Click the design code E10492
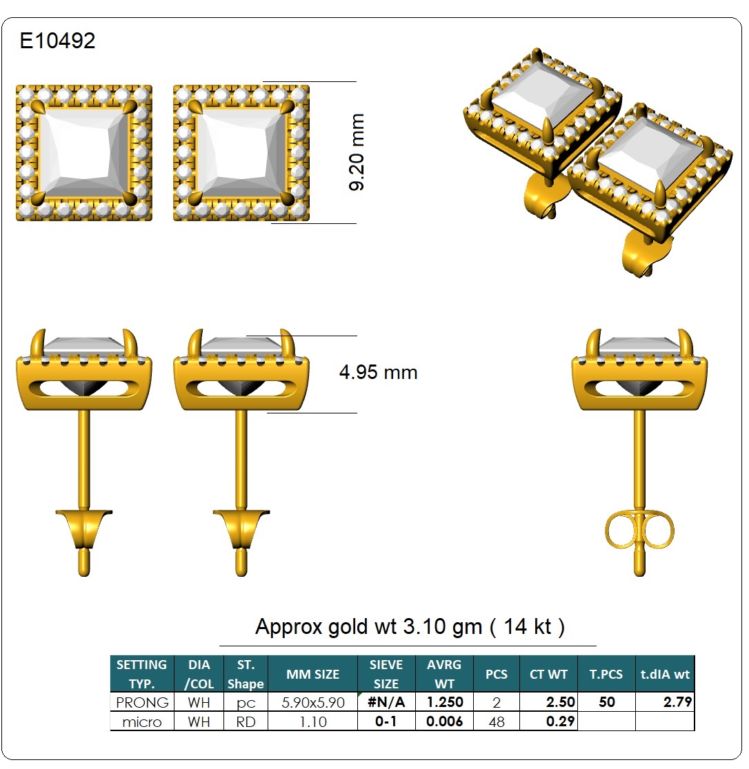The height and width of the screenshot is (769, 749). pos(57,41)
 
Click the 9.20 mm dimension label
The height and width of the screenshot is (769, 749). pos(357,152)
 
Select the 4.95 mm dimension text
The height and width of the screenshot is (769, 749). pos(378,372)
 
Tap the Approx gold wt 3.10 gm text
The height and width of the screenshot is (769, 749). pos(368,627)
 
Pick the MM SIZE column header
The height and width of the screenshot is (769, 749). pos(312,675)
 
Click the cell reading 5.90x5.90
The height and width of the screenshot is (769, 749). pos(312,702)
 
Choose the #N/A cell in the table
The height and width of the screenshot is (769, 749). pos(386,702)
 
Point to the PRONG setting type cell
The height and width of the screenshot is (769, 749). pos(142,702)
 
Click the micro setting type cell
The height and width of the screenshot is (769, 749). pos(142,722)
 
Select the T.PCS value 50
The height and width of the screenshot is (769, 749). pos(607,701)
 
